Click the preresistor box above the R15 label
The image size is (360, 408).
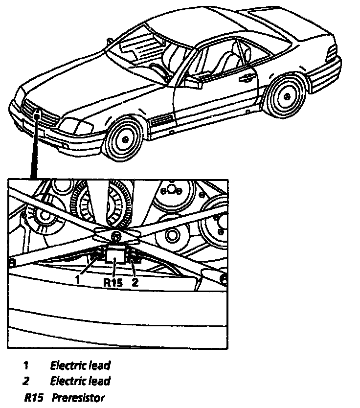click(x=115, y=255)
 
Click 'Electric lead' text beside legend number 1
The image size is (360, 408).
click(x=80, y=365)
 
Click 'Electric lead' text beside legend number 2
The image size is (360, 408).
click(x=80, y=381)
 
